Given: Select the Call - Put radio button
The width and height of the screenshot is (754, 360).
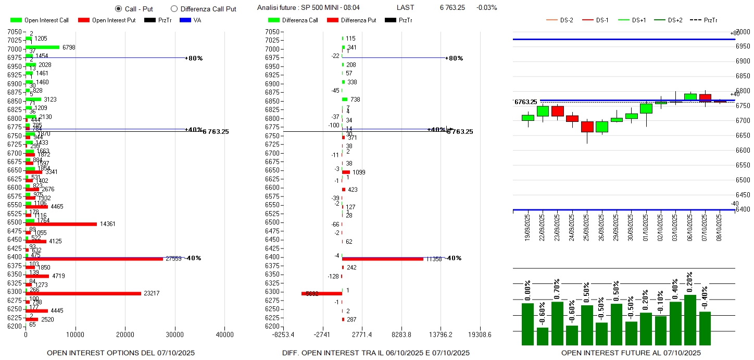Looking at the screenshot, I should coord(118,9).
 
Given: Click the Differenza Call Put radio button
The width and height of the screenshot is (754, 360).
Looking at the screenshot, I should coord(174,9).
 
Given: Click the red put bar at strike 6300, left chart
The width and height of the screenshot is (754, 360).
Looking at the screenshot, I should coord(83,293).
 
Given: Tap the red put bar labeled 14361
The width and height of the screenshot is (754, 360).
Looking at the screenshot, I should coord(61,224).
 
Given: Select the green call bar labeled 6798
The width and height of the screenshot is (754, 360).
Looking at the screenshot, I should coord(42,47).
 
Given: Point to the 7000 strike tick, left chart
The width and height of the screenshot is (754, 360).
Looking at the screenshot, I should coord(15,49).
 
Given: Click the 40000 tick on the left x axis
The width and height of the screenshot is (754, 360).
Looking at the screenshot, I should coord(224,334).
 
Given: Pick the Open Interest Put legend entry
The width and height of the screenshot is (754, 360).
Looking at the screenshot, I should coord(107,20).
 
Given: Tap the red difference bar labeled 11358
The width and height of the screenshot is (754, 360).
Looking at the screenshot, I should coord(382,259).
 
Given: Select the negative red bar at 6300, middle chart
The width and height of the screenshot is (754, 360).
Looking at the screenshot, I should coord(321,293).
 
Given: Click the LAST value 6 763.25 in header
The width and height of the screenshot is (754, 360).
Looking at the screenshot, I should coord(453,8).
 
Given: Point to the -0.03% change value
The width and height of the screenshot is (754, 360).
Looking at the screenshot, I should coord(486,8).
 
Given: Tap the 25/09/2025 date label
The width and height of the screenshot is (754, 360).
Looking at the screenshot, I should coord(588,226).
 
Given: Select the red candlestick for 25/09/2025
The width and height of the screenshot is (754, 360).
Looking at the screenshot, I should coord(587,127).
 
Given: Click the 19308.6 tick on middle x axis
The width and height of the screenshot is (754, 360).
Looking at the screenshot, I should coord(480,334).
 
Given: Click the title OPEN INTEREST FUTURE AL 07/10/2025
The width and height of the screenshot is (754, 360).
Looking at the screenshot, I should coord(631,353).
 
